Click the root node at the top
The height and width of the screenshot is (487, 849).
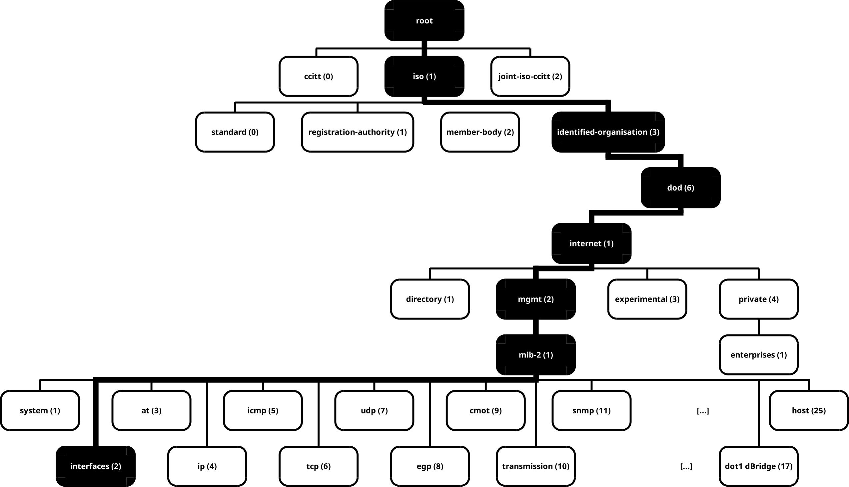coord(424,21)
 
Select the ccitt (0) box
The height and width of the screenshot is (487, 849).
coord(319,76)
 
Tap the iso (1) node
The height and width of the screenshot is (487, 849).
coord(424,76)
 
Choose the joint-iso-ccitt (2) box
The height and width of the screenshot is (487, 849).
coord(530,76)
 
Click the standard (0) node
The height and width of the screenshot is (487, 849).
coord(235,132)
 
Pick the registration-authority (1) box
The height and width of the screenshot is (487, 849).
coord(357,132)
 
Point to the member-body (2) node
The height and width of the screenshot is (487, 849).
coord(480,132)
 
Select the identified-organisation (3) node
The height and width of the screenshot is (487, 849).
coord(608,132)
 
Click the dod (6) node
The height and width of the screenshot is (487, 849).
coord(680,188)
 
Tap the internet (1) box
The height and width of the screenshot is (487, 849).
coord(591,243)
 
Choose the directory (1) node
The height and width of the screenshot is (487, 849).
coord(430,299)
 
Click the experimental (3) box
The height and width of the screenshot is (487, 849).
coord(647,299)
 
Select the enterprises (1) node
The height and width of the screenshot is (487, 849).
coord(758,355)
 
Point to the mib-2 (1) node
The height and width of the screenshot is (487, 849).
coord(535,355)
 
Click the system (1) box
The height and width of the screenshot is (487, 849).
coord(40,410)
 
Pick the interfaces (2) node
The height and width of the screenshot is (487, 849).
coord(96,466)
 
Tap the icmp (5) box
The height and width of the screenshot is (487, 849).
coord(263,410)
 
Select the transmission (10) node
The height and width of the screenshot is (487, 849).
coord(535,466)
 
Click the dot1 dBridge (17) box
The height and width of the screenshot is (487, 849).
coord(758,466)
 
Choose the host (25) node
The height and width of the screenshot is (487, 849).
coord(809,410)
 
